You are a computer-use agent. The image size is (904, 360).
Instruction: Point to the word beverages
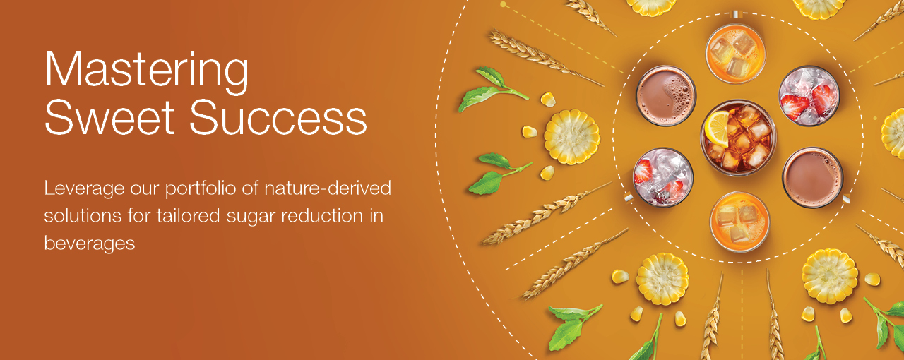tap(90, 243)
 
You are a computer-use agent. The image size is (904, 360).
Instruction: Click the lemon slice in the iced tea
tap(717, 128)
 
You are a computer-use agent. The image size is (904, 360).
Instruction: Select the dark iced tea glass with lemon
tap(739, 138)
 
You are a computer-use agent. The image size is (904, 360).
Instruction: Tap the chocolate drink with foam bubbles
tap(665, 96)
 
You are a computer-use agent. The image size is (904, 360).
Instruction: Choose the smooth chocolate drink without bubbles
tap(812, 176)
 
